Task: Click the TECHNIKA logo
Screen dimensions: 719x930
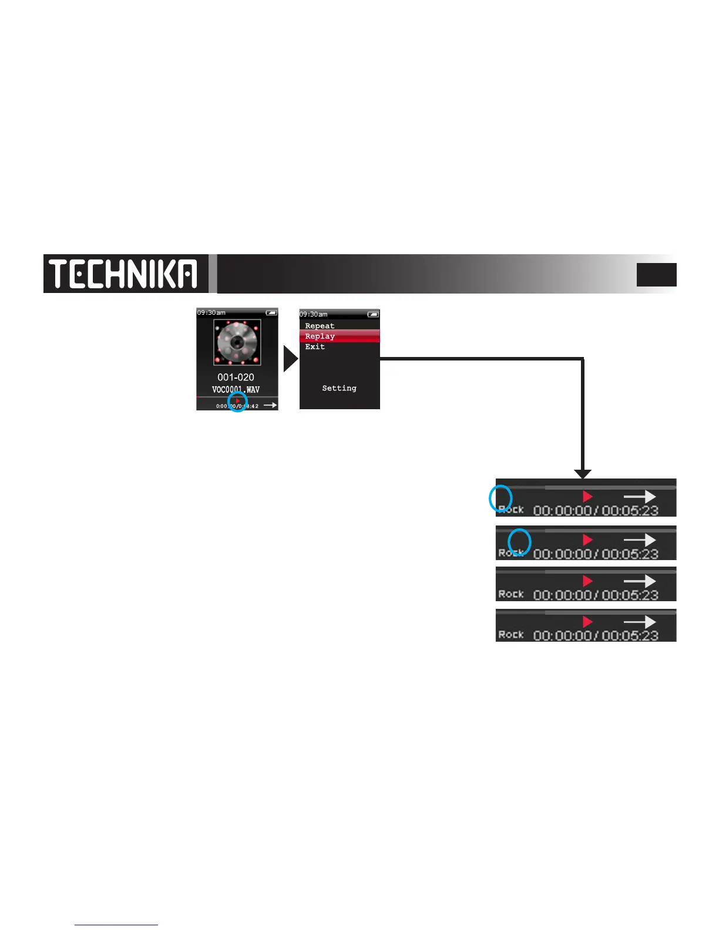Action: (x=123, y=274)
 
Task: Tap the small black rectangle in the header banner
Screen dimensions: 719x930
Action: (x=656, y=275)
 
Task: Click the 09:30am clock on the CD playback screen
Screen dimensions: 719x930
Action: (x=211, y=313)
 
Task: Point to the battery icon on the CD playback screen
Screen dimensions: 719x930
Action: (x=271, y=313)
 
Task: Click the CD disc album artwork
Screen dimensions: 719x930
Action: (x=237, y=342)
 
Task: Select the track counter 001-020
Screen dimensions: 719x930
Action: (x=236, y=378)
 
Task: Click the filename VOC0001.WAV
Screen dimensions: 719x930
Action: (x=236, y=390)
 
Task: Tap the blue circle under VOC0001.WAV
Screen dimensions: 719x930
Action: (x=237, y=403)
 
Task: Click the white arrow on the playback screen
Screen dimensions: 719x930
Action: (x=270, y=405)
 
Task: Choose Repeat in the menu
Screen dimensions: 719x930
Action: (x=320, y=326)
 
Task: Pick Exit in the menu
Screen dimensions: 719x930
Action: (x=315, y=347)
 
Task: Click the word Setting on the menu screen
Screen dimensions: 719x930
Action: (x=339, y=388)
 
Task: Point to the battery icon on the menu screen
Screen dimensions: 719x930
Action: (x=373, y=315)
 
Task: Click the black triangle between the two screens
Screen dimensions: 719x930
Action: (x=290, y=359)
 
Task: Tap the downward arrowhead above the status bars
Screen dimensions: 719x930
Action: (x=582, y=474)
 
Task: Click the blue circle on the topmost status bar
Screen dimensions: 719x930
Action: (x=500, y=498)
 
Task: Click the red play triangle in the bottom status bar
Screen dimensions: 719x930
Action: (x=587, y=622)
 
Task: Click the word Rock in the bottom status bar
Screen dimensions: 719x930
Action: (x=510, y=635)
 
